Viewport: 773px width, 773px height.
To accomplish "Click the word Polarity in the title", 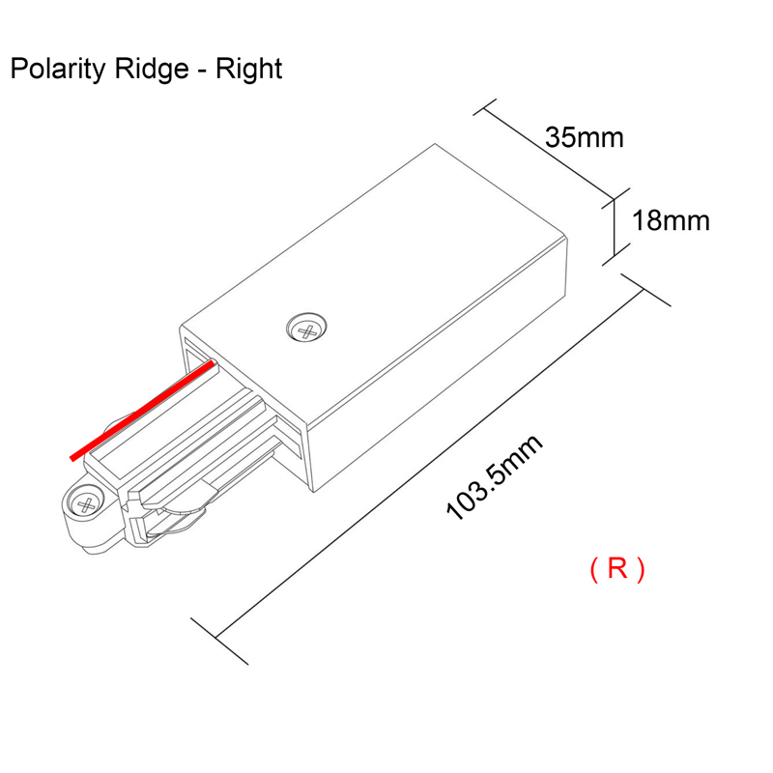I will pyautogui.click(x=61, y=70).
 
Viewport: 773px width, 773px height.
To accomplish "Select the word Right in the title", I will pyautogui.click(x=249, y=70).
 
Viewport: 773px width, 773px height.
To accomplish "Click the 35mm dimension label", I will pyautogui.click(x=584, y=137).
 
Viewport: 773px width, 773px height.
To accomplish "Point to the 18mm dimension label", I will pyautogui.click(x=671, y=220).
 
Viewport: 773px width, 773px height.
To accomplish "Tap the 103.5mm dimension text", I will pyautogui.click(x=494, y=478).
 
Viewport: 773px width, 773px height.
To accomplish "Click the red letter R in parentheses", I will pyautogui.click(x=617, y=569).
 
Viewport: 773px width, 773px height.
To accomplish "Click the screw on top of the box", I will pyautogui.click(x=309, y=329).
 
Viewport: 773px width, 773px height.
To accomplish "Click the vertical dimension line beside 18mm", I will pyautogui.click(x=613, y=228).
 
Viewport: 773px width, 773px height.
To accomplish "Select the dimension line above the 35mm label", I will pyautogui.click(x=547, y=151).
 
